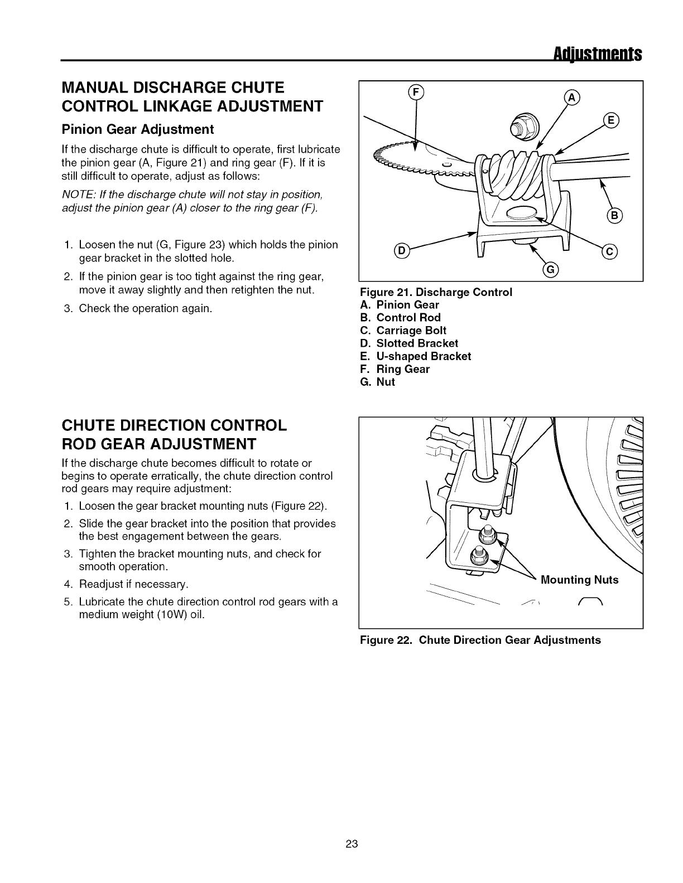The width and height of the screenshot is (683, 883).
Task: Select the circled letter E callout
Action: coord(611,120)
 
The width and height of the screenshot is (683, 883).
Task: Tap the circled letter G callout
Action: coord(550,271)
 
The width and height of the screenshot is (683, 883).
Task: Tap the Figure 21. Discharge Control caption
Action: coord(436,292)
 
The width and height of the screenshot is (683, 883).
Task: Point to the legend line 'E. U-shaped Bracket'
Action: coord(416,356)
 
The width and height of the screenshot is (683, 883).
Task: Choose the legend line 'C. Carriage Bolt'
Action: coord(403,331)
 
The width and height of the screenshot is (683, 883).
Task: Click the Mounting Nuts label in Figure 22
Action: coord(580,580)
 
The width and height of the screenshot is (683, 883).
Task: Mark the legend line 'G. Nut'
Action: coord(378,382)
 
